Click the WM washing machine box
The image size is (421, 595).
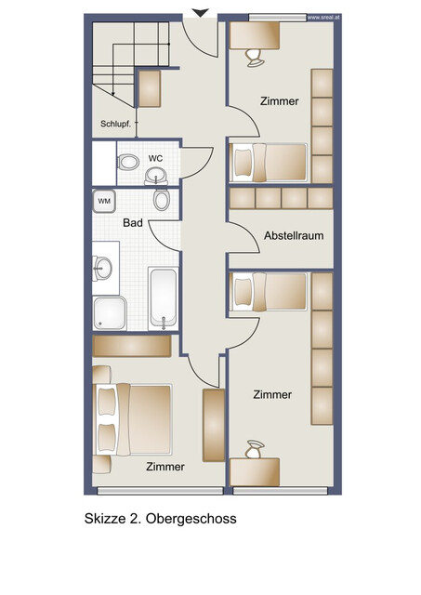tap(104, 200)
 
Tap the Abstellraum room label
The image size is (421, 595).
tap(294, 235)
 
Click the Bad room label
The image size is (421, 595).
tap(132, 223)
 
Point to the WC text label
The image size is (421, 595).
tap(155, 158)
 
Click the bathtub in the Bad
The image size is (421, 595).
tap(164, 297)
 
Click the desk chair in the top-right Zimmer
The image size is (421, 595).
tap(254, 57)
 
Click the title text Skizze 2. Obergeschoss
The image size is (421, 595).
tap(160, 519)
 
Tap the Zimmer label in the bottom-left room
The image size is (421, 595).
tap(164, 467)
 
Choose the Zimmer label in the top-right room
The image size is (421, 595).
tap(279, 101)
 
